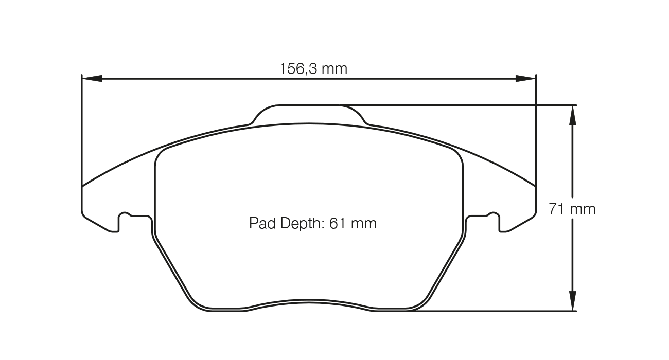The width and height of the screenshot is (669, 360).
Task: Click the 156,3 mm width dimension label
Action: pos(313,68)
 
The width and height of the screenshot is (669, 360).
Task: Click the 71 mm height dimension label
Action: pos(572,209)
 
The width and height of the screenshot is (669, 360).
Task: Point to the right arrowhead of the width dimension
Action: pos(526,78)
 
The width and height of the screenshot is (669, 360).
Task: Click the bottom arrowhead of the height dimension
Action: pos(572,301)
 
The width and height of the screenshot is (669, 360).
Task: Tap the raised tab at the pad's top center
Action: pos(309,114)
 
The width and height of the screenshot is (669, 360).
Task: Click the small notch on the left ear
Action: pos(125,215)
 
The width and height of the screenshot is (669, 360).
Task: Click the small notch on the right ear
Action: pos(493,215)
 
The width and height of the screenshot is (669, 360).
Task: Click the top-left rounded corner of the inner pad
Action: pos(162,153)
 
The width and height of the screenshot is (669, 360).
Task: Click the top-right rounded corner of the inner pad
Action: pos(456,153)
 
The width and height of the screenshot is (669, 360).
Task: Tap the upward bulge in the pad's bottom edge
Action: pos(309,303)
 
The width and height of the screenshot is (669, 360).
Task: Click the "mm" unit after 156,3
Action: pos(335,68)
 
